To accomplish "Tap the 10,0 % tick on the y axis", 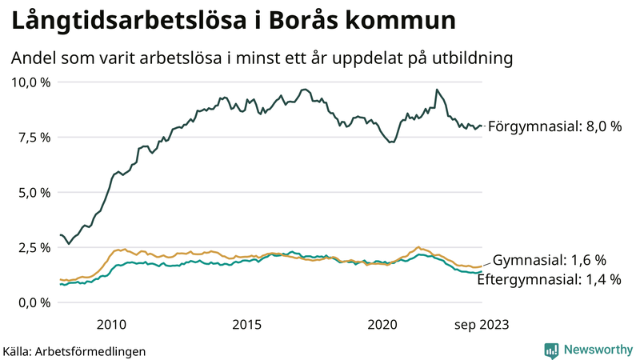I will coord(31,82).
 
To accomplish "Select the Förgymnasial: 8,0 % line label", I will coord(554,126).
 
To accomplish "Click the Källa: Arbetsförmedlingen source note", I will coord(74,350).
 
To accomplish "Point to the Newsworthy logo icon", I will coord(551,350).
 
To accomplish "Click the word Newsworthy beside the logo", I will coord(596,350).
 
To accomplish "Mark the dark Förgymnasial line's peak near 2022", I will coord(436,90).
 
